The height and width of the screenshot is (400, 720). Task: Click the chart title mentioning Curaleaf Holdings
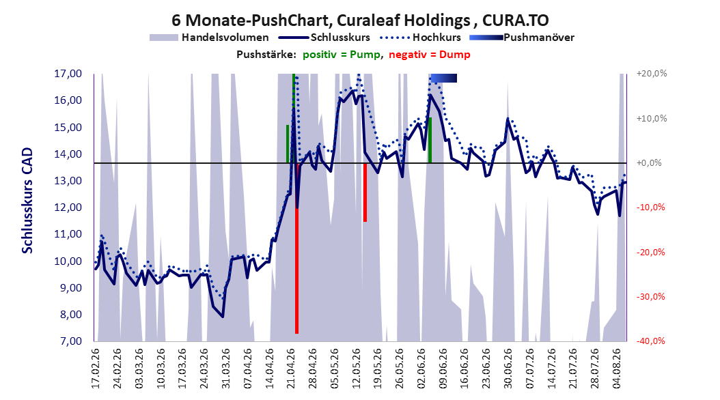(360, 20)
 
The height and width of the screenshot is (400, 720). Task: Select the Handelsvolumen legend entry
(210, 38)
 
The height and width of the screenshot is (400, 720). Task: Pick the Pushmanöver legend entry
(522, 38)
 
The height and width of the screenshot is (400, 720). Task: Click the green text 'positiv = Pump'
(342, 55)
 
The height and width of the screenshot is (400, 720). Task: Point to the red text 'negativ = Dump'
(430, 55)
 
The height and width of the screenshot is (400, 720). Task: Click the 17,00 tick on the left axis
(68, 74)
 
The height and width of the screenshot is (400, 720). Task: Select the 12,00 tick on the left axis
(68, 208)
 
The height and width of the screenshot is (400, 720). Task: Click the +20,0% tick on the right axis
(652, 74)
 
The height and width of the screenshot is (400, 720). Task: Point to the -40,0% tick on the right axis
(650, 341)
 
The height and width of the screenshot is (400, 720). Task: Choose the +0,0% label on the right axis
(649, 163)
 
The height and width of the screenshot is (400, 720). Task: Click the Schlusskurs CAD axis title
(27, 201)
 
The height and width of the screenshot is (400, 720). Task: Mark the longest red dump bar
(296, 248)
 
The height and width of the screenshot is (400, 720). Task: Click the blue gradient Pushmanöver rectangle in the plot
(443, 78)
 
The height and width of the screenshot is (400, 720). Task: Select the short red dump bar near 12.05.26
(365, 192)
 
